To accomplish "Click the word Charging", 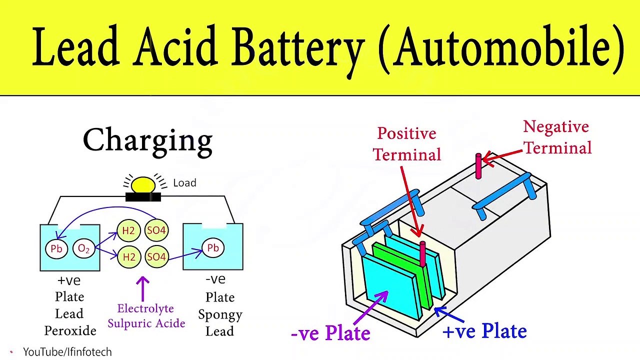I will coord(147,141).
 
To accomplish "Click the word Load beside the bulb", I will coord(184,183).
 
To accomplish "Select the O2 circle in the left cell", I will coord(83,249).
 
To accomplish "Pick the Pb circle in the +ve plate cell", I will coord(56,249).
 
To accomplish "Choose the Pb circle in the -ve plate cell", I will coord(213,248).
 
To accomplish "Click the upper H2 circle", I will coord(129,230).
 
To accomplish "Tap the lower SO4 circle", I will coord(156,257).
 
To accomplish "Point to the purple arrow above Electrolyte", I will coord(143,288).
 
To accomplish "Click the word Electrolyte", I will coord(145,308).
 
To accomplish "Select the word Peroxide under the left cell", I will coord(70,330).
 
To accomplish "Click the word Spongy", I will coord(220,314).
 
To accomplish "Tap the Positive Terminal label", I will coord(407,144).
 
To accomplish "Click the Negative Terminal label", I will coord(557,137).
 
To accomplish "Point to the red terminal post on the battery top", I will coord(478,166).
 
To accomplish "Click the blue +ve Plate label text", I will coord(484,331).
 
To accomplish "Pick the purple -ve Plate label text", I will coord(330,333).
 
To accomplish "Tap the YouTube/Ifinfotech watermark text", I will coord(67,352).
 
